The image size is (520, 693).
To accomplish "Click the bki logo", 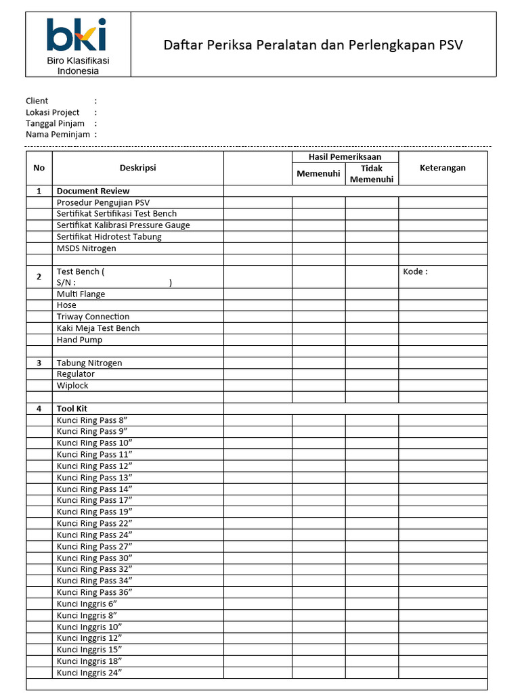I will (77, 35).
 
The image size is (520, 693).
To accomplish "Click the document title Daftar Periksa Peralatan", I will (313, 45).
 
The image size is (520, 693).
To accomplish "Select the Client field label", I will (37, 101).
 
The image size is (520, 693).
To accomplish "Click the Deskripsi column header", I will (137, 168).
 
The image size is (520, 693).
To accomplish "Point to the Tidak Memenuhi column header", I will (371, 174).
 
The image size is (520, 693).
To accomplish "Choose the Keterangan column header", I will (442, 168).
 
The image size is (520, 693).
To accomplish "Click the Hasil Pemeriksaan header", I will (345, 157).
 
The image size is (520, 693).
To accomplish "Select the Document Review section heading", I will (93, 191).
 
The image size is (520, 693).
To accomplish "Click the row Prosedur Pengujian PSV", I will (103, 202).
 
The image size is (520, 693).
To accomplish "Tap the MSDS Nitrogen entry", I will (86, 248).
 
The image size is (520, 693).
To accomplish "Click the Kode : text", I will (415, 271).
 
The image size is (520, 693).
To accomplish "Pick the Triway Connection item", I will (93, 317).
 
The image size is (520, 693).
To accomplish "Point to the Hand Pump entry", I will (79, 340).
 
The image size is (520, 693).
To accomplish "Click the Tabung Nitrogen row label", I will (89, 363).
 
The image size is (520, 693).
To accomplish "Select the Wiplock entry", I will (72, 386).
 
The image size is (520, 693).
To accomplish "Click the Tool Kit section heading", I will (72, 409).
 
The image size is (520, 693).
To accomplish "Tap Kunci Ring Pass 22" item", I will (94, 523).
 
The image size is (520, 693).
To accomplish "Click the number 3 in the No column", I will (39, 363).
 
